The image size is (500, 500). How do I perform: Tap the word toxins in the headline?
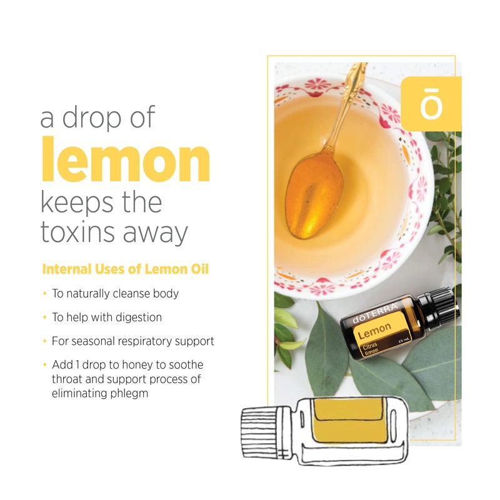79,233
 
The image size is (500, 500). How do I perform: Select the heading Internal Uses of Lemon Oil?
125,270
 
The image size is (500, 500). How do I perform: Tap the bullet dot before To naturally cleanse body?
44,293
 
